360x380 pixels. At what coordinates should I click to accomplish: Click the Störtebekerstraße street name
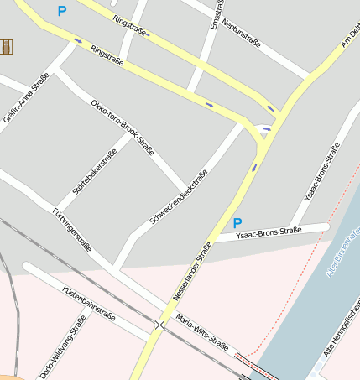[94, 172]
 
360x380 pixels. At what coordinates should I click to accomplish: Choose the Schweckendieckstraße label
[178, 197]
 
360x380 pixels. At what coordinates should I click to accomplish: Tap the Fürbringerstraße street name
[71, 229]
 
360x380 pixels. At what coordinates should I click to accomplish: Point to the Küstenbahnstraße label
[88, 302]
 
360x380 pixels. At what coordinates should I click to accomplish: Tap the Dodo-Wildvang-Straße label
[63, 346]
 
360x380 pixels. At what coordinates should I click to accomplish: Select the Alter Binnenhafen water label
[342, 252]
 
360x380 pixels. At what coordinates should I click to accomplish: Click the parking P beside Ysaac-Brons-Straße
[237, 223]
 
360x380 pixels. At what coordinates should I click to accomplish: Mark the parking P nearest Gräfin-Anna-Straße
[61, 12]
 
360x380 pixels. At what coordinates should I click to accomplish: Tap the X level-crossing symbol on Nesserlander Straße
[159, 324]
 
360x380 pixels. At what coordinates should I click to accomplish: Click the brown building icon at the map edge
[7, 47]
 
